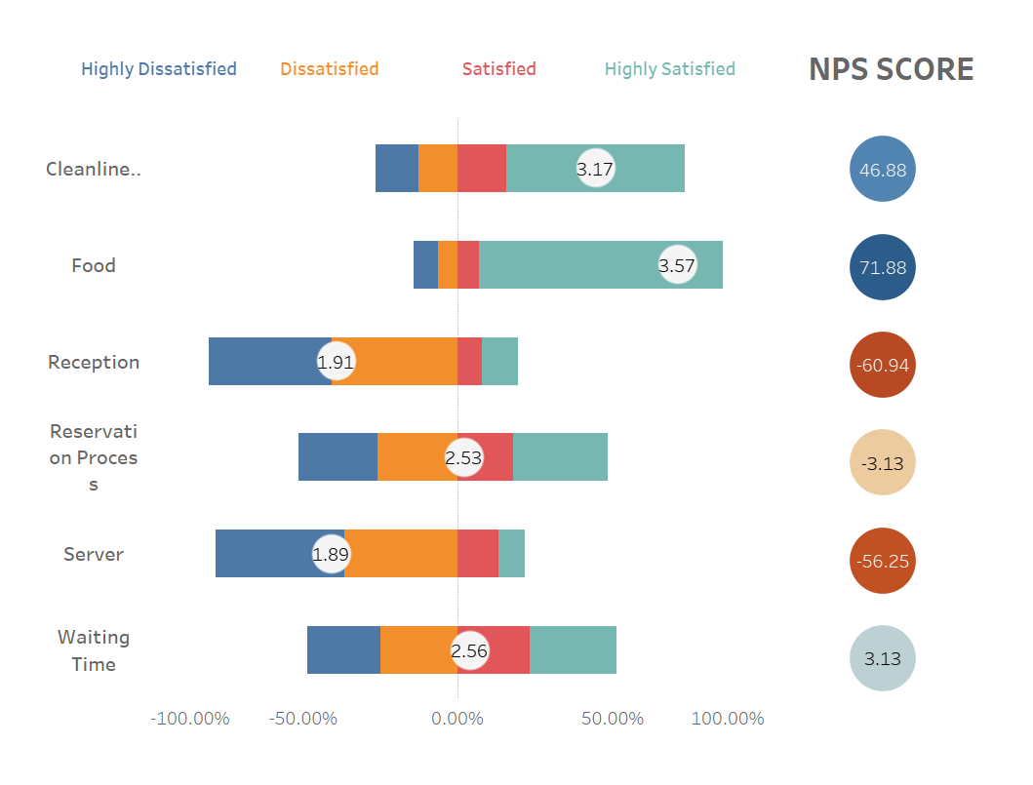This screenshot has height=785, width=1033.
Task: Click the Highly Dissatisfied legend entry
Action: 158,69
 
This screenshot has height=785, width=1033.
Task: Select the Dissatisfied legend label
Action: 329,69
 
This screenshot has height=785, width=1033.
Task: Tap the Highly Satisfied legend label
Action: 669,69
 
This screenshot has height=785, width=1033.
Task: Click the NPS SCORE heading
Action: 891,69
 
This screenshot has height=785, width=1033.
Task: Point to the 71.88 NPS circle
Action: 883,267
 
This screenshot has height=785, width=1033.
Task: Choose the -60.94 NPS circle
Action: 883,365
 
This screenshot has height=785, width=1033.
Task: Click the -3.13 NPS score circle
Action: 883,462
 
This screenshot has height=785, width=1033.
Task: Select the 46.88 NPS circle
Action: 883,170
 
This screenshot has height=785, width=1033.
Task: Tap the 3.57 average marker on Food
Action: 677,265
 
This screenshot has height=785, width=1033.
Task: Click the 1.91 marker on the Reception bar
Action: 336,362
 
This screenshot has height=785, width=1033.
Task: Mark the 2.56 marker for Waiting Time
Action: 469,651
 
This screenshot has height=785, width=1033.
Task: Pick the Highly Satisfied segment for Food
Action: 585,265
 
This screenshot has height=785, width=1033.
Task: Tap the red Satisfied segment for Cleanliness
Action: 482,169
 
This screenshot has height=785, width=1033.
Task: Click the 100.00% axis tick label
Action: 727,719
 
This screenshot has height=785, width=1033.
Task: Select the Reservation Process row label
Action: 94,457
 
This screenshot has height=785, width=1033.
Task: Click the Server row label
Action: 94,554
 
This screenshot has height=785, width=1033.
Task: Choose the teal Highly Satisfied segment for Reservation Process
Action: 560,457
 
